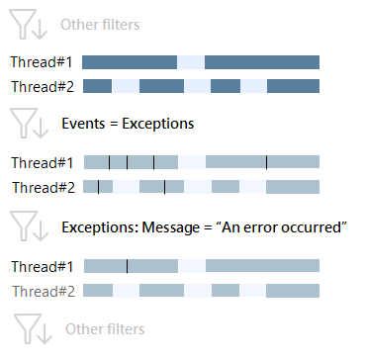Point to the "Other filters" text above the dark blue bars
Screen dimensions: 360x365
click(x=99, y=24)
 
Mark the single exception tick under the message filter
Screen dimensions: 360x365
click(x=127, y=265)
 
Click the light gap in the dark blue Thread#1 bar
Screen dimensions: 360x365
click(x=191, y=61)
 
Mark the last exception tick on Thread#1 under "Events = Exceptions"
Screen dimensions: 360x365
click(x=266, y=161)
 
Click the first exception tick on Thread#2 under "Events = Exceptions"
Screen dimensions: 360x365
click(x=98, y=186)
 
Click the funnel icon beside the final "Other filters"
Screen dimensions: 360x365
click(x=28, y=328)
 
